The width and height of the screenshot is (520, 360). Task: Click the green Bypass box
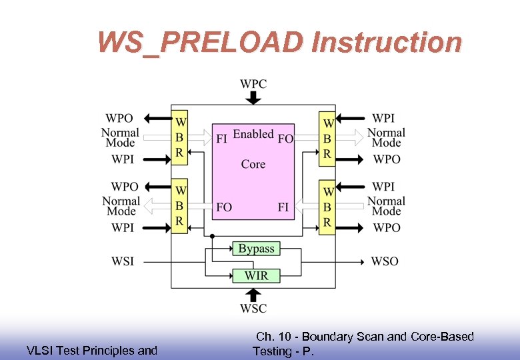(x=256, y=249)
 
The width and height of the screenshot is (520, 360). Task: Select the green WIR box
(x=256, y=275)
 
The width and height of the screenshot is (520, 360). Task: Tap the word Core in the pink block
(x=253, y=164)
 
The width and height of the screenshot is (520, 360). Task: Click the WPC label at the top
(x=253, y=84)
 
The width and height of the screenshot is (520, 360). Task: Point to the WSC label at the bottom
(x=253, y=309)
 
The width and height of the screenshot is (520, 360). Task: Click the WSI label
(x=123, y=261)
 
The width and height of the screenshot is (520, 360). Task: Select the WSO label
(x=385, y=261)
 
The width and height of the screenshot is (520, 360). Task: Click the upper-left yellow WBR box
(x=179, y=138)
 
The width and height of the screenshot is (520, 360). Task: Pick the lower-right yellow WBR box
(x=327, y=207)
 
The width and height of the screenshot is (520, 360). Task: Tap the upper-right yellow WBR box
(x=327, y=138)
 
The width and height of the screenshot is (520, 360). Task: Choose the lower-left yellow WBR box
(x=179, y=207)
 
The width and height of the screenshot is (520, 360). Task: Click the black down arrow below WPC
(x=253, y=97)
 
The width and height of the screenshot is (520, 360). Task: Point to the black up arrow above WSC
(x=253, y=295)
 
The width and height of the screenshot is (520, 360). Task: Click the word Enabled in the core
(x=253, y=134)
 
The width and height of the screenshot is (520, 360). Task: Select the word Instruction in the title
(x=387, y=43)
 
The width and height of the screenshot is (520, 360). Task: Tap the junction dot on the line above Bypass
(x=212, y=236)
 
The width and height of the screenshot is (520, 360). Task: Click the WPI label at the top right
(x=383, y=118)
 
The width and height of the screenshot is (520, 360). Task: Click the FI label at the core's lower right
(x=283, y=207)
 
